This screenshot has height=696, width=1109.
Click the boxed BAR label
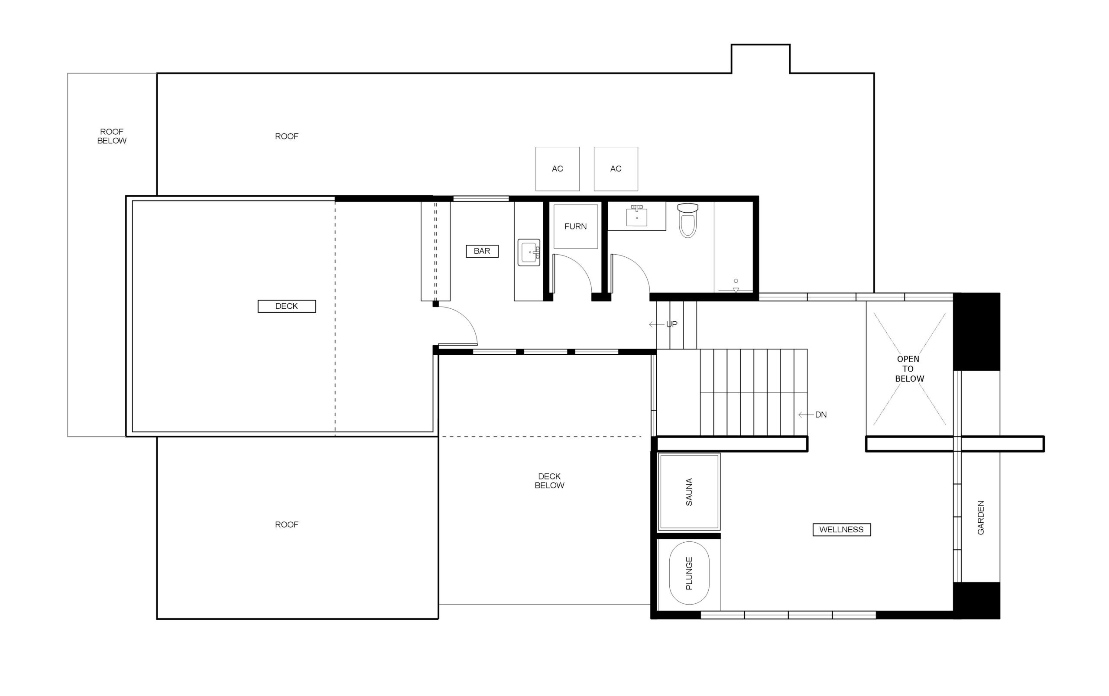[x=482, y=251]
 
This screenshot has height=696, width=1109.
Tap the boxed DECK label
[x=286, y=306]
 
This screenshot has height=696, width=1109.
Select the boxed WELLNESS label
[x=841, y=529]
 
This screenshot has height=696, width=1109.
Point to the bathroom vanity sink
[x=637, y=217]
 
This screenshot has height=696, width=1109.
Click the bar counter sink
[x=529, y=252]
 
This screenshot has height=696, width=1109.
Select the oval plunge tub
[x=689, y=573]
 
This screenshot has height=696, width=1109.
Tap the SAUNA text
[x=689, y=492]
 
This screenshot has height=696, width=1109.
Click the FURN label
[x=575, y=227]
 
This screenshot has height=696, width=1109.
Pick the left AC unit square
[x=557, y=169]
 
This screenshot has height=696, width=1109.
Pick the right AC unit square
[x=616, y=169]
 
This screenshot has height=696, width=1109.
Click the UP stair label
[x=671, y=324]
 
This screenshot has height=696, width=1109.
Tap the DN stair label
[x=820, y=415]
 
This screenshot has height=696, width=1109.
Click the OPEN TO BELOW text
[x=909, y=369]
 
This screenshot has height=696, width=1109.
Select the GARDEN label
[x=981, y=518]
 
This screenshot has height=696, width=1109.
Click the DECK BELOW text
[x=549, y=481]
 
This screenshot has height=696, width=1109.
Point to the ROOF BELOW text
[x=111, y=136]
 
